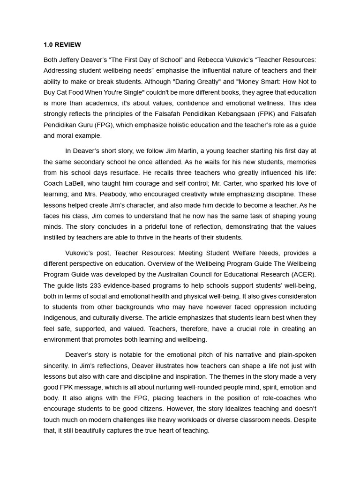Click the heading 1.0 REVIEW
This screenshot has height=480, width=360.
point(62,45)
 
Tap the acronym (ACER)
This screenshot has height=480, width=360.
point(301,275)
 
